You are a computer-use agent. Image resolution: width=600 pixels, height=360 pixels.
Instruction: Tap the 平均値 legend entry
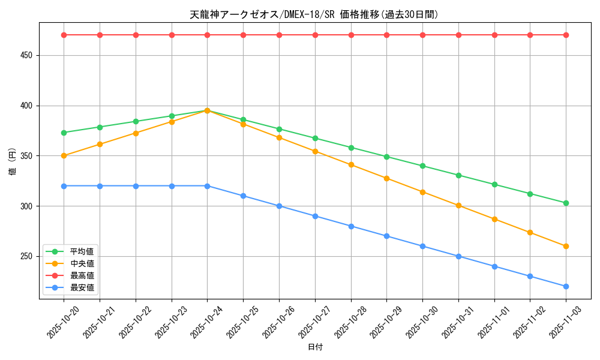point(82,251)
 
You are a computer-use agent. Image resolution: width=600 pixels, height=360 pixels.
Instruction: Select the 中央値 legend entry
point(82,263)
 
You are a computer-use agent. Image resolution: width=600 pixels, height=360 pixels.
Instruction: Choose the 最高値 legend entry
point(82,275)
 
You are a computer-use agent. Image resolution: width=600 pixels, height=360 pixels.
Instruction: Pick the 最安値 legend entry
point(82,287)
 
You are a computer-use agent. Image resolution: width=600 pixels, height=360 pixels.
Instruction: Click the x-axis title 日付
point(315,347)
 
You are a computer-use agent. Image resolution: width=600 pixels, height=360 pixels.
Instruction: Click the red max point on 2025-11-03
point(566,35)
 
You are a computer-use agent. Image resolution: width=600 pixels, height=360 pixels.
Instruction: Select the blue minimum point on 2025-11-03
point(566,286)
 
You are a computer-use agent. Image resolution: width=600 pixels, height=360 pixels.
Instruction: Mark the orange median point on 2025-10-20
point(64,156)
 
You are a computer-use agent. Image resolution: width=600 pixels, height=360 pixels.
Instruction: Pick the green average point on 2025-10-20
point(64,133)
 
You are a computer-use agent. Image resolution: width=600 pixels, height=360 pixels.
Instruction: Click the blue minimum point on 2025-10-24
point(207,186)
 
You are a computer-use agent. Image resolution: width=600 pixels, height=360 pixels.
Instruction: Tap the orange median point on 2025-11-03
point(566,246)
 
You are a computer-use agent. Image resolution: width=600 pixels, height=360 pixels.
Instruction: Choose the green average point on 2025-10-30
point(422,166)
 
